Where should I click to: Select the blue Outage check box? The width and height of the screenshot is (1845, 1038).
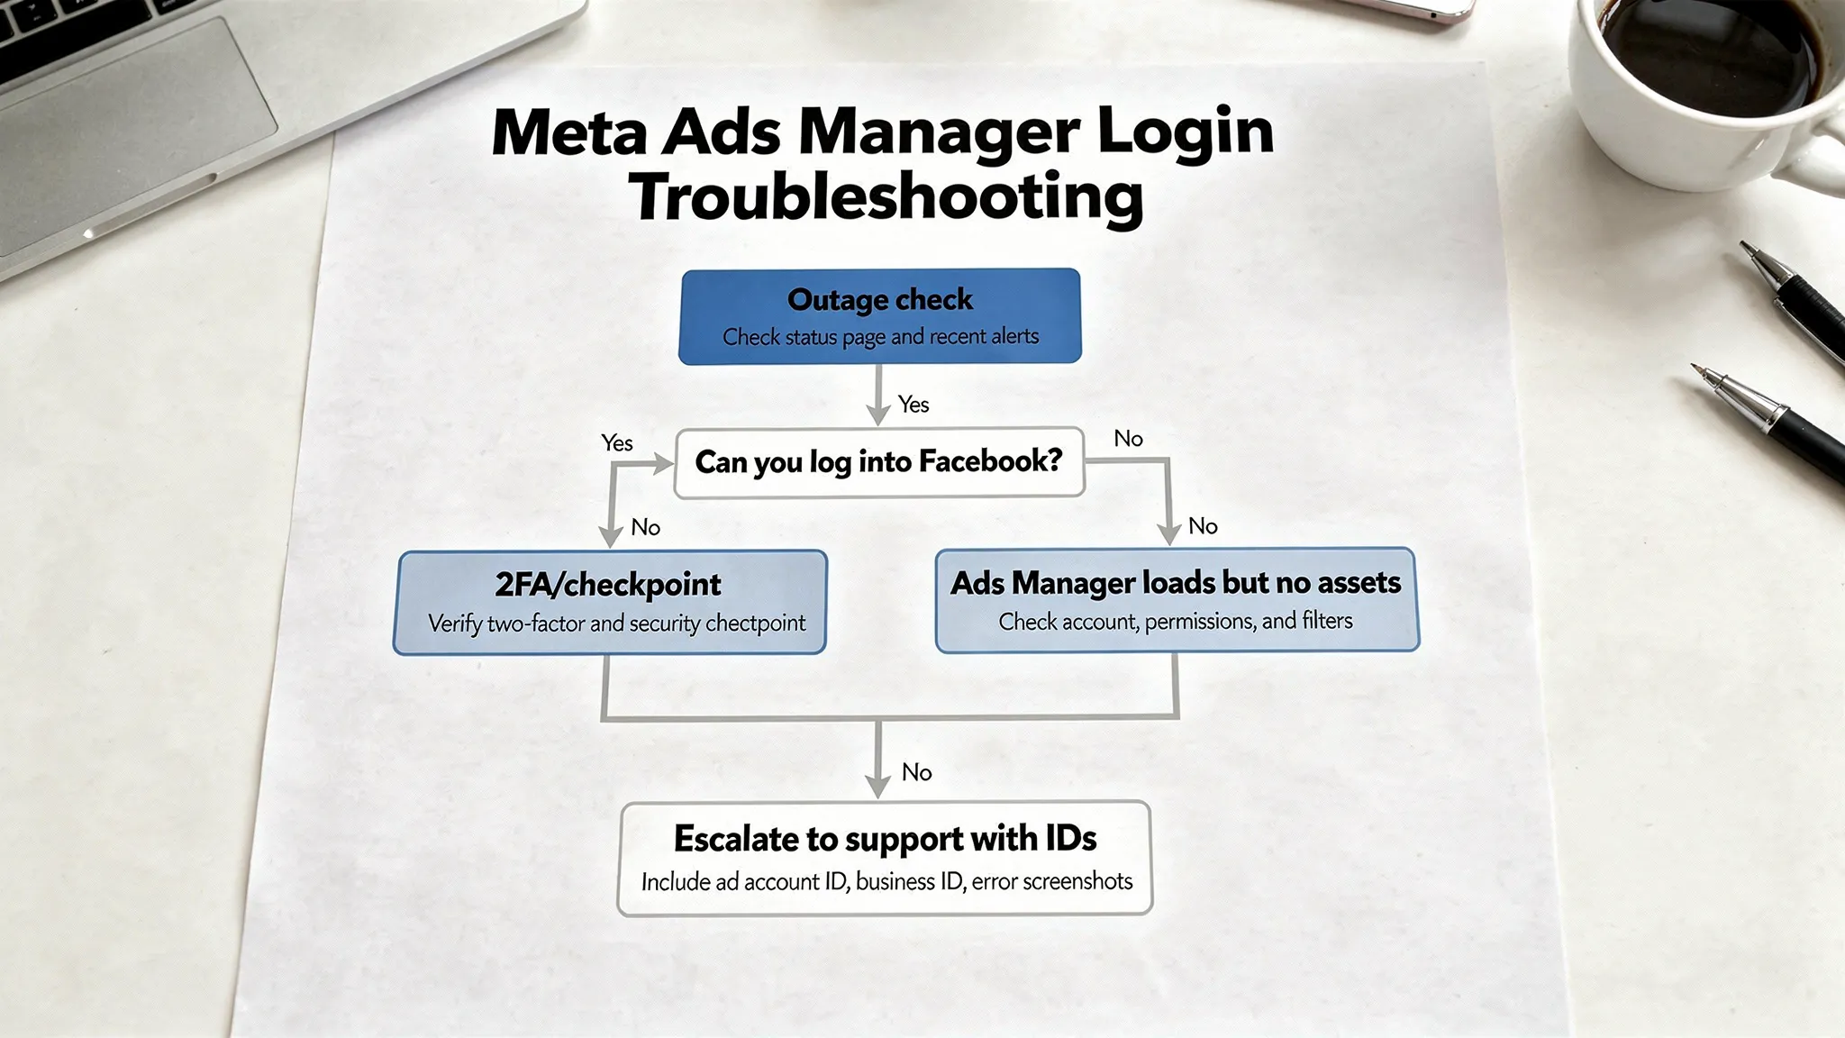tap(879, 316)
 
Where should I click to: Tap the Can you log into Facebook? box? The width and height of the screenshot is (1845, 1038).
tap(879, 462)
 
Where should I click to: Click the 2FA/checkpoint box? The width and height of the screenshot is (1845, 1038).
tap(610, 602)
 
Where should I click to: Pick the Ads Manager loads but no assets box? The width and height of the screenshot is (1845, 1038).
tap(1177, 600)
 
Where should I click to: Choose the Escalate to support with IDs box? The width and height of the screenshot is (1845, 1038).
tap(885, 858)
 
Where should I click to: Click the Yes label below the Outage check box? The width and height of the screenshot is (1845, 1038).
tap(913, 405)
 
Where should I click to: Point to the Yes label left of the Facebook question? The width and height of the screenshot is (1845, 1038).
tap(617, 442)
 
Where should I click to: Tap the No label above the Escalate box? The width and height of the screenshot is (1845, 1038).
tap(917, 772)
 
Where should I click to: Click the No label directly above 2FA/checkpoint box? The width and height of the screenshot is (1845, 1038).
tap(646, 527)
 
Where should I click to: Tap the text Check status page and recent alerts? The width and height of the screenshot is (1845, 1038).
tap(880, 337)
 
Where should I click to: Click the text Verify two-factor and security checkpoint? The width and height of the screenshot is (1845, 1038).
tap(616, 624)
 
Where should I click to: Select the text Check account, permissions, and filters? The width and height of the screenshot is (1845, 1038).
tap(1176, 621)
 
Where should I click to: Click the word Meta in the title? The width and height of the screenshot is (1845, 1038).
tap(569, 133)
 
